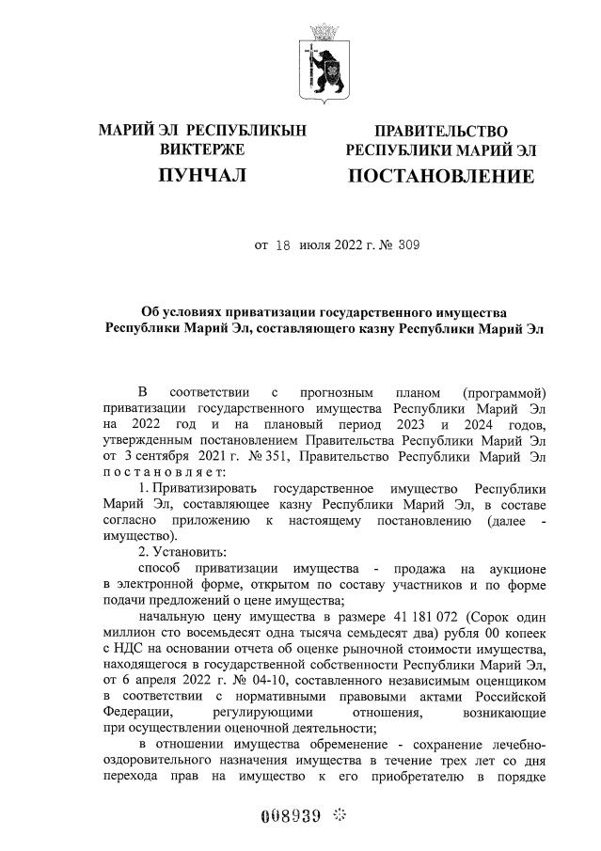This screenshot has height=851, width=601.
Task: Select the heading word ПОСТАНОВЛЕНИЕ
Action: click(441, 176)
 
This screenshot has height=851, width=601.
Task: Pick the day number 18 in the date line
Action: click(282, 246)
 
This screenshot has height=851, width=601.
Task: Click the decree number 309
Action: click(407, 246)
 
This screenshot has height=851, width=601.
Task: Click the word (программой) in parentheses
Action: click(505, 391)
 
